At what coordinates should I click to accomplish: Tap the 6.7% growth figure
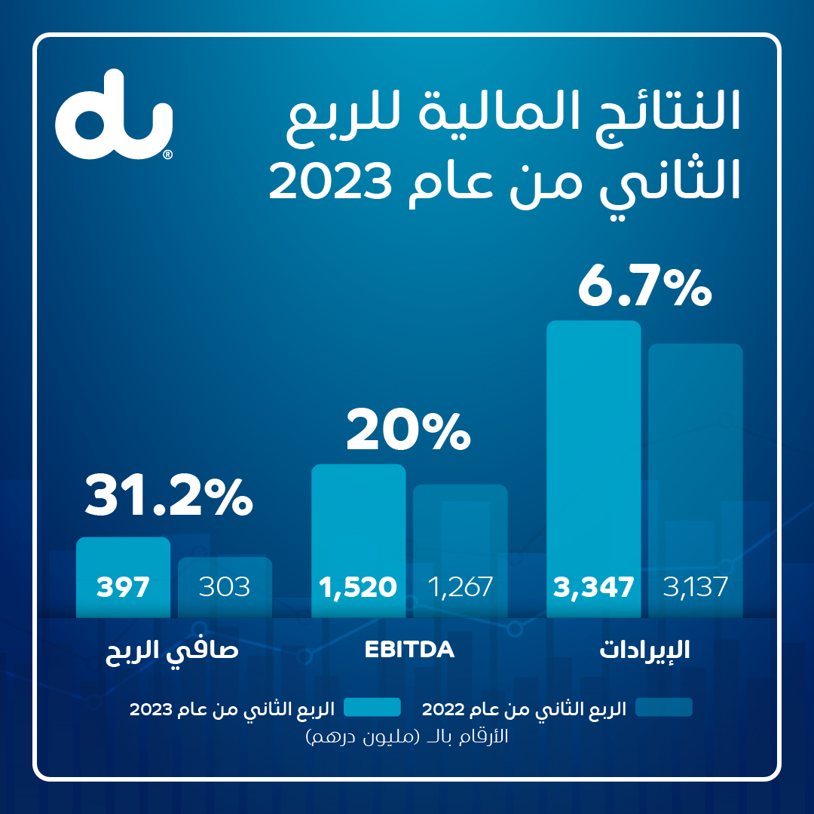644,287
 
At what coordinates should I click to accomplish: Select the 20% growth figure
408,430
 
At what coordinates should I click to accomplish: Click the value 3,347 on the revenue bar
593,587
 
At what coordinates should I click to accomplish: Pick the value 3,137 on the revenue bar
696,587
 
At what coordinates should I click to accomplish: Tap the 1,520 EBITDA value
358,587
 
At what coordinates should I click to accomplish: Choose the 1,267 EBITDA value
460,587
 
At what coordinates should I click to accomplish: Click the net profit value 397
123,587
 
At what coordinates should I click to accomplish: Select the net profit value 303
225,587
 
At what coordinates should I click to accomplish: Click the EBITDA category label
409,650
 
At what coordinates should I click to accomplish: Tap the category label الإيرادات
644,650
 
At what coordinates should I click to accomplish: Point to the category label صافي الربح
173,650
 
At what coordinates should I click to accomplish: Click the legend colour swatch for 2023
372,707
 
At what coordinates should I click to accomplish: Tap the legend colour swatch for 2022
664,707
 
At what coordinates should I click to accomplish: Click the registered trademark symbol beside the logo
167,155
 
